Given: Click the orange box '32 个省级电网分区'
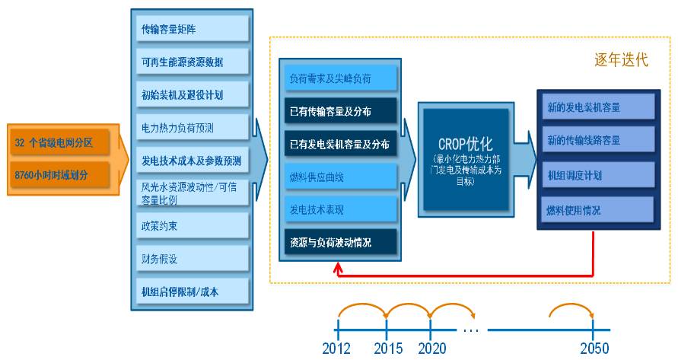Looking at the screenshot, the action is [x=59, y=142].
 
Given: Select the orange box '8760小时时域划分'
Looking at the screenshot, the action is [x=59, y=174].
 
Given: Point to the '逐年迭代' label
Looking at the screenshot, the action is [x=621, y=59].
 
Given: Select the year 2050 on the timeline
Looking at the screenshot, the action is [x=594, y=348].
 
